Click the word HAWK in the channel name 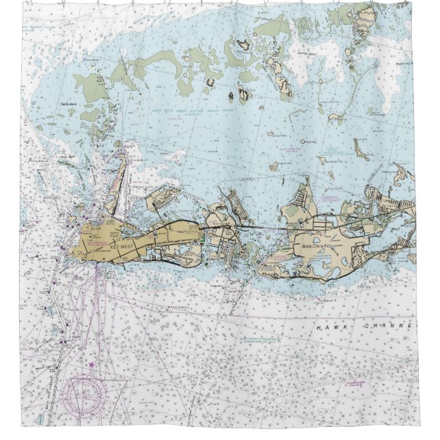pyautogui.click(x=329, y=327)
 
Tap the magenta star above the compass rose pyautogui.click(x=91, y=365)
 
